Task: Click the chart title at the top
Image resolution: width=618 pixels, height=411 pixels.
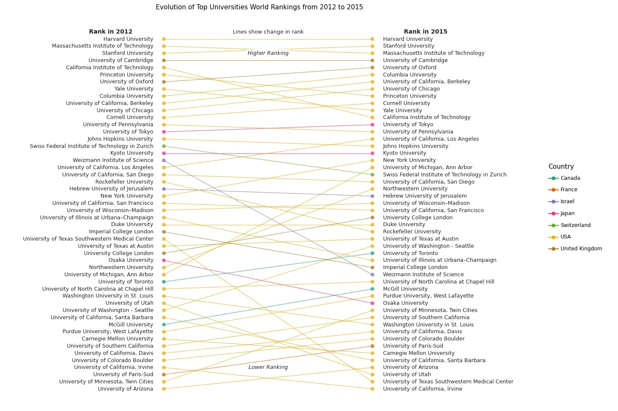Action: click(x=259, y=7)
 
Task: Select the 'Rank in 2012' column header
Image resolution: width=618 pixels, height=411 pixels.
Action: click(x=111, y=31)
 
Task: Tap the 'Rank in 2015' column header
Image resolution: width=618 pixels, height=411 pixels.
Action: click(x=425, y=31)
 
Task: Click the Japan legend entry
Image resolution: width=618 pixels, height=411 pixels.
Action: click(x=567, y=213)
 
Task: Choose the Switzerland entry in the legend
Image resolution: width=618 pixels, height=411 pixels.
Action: click(x=575, y=225)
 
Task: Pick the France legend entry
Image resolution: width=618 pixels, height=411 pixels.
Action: click(x=569, y=190)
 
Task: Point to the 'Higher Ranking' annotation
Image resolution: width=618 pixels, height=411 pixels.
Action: click(x=268, y=53)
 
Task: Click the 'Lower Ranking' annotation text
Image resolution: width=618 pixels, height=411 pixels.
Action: click(x=268, y=367)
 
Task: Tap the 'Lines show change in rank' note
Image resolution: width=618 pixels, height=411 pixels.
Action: click(x=268, y=32)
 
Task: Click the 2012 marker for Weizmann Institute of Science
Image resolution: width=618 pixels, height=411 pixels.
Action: click(x=164, y=160)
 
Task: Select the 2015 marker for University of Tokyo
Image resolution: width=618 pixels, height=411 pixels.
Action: click(x=372, y=125)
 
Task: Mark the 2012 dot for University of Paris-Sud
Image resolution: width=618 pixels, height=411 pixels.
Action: click(x=164, y=374)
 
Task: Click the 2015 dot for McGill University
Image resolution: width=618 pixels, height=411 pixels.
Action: click(x=372, y=289)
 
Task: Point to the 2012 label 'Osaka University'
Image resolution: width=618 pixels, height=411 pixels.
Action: click(x=131, y=260)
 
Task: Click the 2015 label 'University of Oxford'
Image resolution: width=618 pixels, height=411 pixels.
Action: click(x=409, y=68)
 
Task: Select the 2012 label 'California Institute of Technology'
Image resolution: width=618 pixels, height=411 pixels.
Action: click(x=109, y=68)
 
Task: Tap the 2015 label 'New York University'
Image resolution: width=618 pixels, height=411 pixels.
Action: click(x=409, y=160)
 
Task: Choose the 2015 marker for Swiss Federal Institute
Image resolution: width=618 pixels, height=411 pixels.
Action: click(x=372, y=175)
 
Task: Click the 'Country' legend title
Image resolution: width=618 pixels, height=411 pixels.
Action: click(x=561, y=167)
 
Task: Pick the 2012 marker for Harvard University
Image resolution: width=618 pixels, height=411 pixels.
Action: click(x=164, y=39)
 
